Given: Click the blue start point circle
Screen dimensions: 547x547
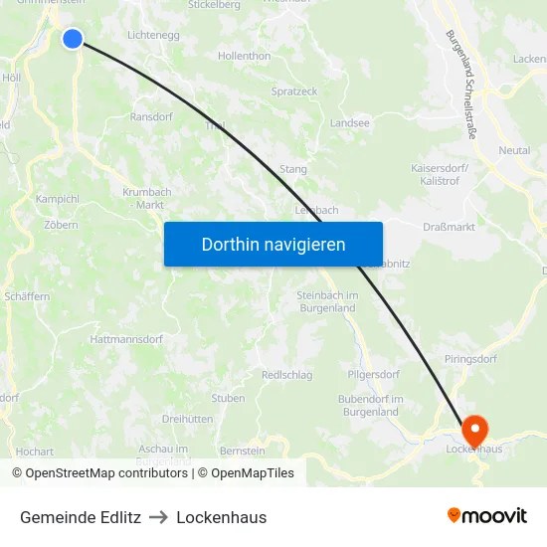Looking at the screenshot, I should (73, 39).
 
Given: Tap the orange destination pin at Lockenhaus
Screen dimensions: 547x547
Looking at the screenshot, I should (475, 430).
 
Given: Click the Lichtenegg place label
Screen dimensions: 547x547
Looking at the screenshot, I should (152, 35).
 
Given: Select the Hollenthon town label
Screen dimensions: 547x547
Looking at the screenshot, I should (244, 57).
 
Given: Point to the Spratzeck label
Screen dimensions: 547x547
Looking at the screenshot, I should (294, 91).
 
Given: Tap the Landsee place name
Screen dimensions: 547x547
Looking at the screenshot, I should (350, 123).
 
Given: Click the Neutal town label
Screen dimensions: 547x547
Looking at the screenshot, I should (514, 150).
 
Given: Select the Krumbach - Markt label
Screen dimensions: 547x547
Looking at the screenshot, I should (146, 198).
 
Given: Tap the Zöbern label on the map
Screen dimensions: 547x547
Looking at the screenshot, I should (61, 225).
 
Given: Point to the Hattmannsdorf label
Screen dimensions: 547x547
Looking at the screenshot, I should (125, 339).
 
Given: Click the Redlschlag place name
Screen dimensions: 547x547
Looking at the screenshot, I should (286, 375).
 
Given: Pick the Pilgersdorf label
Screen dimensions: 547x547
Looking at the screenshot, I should (373, 375).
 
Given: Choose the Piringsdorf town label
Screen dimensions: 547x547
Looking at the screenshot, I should (469, 357).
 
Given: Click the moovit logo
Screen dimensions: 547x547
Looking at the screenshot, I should (486, 515).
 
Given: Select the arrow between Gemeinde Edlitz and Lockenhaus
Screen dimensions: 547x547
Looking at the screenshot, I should (158, 517).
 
